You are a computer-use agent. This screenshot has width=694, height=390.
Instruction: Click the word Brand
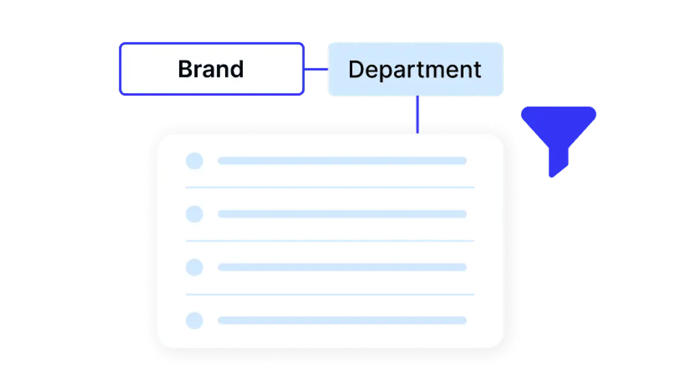[x=211, y=69]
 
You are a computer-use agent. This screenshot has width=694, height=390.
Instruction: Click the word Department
[x=415, y=70]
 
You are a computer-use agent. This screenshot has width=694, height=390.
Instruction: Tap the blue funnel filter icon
[x=558, y=141]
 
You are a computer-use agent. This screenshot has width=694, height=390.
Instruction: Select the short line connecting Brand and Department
[x=316, y=69]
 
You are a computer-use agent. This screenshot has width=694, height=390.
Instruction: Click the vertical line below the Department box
[x=418, y=115]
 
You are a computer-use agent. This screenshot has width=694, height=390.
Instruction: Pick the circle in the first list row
[x=194, y=161]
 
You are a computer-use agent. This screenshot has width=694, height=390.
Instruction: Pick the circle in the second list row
[x=194, y=214]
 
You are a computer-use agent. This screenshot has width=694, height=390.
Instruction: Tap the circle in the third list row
[x=194, y=267]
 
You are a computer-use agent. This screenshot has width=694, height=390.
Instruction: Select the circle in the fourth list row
[x=194, y=320]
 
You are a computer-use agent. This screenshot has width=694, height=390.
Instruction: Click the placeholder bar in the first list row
[x=342, y=161]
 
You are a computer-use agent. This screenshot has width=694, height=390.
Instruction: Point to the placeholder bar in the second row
[x=342, y=214]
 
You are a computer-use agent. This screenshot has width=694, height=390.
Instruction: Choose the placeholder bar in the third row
[x=342, y=267]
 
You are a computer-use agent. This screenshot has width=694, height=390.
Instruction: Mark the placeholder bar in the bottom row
[x=342, y=320]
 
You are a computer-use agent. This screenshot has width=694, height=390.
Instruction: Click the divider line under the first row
[x=330, y=187]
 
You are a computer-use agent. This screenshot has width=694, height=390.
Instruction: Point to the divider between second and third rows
[x=330, y=241]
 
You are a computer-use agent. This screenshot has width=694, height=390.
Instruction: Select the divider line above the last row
[x=330, y=294]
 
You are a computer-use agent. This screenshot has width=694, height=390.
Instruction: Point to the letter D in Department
[x=356, y=69]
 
